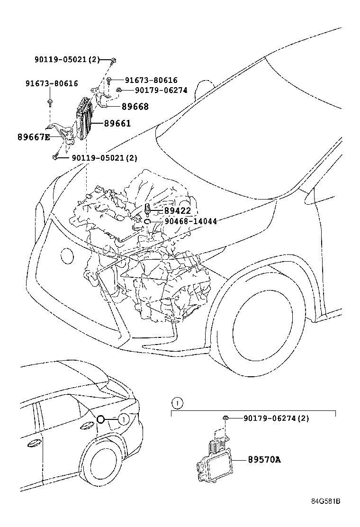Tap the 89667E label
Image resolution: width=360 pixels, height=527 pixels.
pos(33,137)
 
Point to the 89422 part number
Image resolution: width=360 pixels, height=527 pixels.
pos(177,211)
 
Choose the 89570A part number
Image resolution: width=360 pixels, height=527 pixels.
pos(264,459)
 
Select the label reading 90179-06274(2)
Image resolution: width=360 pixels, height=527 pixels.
pos(276,418)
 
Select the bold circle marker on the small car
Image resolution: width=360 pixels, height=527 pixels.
pos(100,419)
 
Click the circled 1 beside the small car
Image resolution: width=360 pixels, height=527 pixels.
pos(123,419)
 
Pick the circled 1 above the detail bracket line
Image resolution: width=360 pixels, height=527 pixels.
pos(176,403)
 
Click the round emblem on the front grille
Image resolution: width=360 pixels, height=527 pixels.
pos(67,256)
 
